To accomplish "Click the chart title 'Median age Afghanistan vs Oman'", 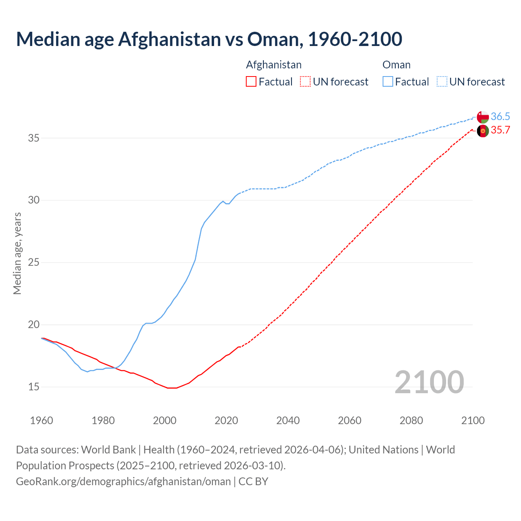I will [x=209, y=39].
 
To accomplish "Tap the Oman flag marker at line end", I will [x=483, y=117].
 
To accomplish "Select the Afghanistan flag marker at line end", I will [x=483, y=131].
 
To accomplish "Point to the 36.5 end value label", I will [x=500, y=117].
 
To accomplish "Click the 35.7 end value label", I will [x=500, y=130].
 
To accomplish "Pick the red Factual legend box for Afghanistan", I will [x=251, y=82].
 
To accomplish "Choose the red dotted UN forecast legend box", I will [x=305, y=82].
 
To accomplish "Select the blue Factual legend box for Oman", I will [x=388, y=82].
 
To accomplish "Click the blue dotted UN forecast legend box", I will [x=442, y=82].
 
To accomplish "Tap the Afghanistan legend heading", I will [x=274, y=65].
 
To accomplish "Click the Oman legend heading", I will [x=396, y=65].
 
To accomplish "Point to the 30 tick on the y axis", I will [x=33, y=200].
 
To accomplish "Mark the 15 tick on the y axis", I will [x=33, y=387].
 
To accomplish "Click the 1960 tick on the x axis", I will [x=42, y=420].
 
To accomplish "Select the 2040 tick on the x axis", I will [x=288, y=420].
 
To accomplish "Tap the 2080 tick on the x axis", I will [x=411, y=420].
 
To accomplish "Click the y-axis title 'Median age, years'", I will [x=17, y=253].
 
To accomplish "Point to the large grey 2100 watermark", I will [x=429, y=382].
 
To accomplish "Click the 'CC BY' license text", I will [x=253, y=482].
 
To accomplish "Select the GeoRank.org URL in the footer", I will [x=123, y=482].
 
